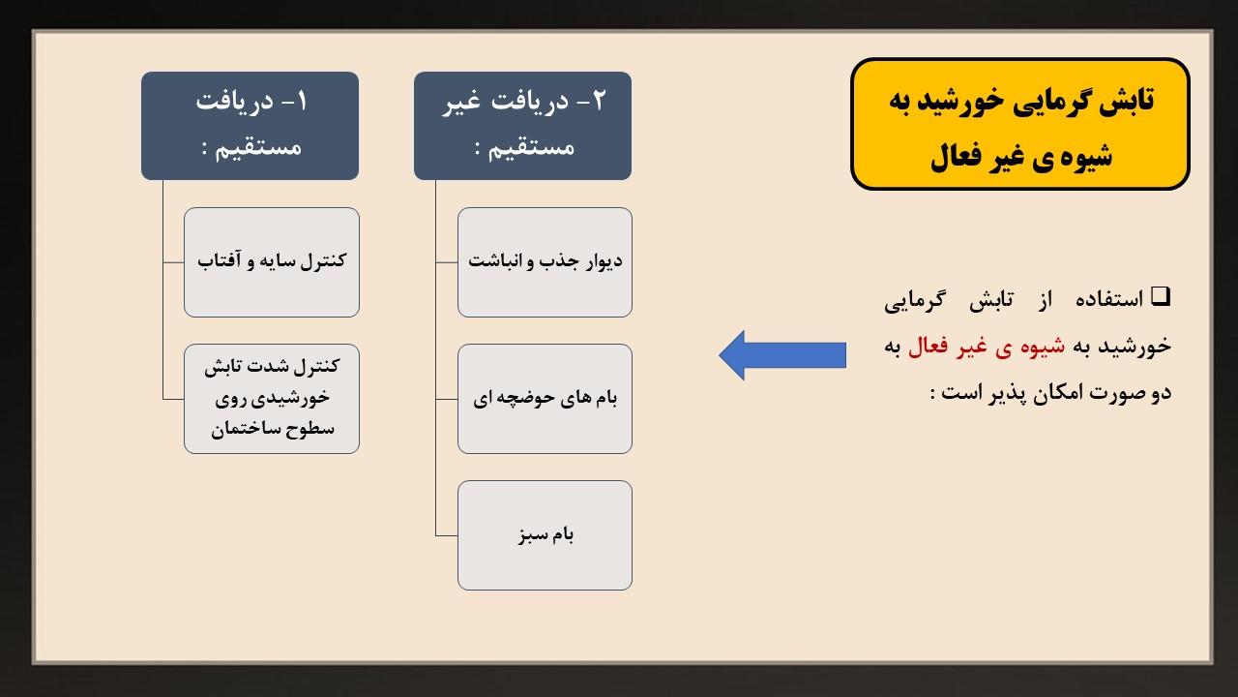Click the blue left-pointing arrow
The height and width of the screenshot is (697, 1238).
point(782,355)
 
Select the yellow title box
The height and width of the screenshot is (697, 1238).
point(1019,124)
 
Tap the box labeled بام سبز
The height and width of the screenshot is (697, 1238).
point(545,535)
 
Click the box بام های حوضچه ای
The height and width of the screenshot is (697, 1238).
point(545,399)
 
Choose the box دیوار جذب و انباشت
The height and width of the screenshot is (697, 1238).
point(545,262)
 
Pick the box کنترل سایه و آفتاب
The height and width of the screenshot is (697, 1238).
point(272,262)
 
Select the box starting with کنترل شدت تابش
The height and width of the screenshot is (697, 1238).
point(272,399)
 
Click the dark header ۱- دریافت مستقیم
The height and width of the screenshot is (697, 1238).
point(250,126)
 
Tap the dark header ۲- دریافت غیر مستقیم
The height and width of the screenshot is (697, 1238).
point(522,126)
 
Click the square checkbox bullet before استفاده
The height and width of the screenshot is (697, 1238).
point(1161,296)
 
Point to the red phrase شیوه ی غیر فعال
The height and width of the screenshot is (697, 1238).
point(986,347)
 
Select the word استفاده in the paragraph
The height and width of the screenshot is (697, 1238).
point(1108,299)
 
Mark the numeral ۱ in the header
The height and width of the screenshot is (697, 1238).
point(302,102)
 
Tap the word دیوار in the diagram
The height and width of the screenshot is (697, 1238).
point(602,261)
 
